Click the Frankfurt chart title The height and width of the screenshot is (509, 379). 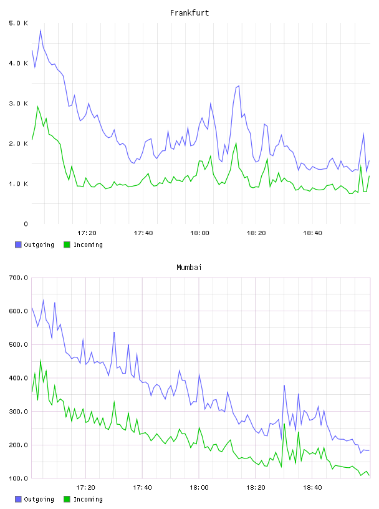(x=189, y=13)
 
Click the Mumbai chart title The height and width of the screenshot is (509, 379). (x=189, y=267)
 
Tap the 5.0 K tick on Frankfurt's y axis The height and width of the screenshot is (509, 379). (x=18, y=23)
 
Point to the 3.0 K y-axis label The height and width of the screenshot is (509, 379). (x=18, y=103)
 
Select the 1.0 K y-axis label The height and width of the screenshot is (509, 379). (x=18, y=184)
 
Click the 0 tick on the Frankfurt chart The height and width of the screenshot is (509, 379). (x=26, y=224)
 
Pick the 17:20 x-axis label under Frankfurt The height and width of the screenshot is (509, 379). (x=87, y=233)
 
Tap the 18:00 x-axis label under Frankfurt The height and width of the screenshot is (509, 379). (x=199, y=233)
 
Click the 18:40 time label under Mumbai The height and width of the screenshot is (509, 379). (x=312, y=487)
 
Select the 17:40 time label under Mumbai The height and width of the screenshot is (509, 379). (x=143, y=487)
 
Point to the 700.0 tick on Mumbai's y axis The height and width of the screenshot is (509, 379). (x=18, y=278)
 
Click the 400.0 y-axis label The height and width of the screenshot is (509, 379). (x=18, y=378)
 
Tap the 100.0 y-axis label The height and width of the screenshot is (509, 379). (x=18, y=478)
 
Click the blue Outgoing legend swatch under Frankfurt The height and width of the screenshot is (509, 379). (x=18, y=245)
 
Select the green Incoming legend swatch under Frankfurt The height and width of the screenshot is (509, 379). (x=67, y=245)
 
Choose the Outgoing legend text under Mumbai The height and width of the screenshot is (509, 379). (x=39, y=499)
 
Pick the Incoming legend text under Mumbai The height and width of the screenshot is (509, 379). (x=88, y=499)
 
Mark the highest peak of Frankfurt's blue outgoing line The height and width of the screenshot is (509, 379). (x=41, y=30)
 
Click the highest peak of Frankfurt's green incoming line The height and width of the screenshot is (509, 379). (x=37, y=106)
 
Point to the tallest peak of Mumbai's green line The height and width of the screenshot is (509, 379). (x=41, y=360)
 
